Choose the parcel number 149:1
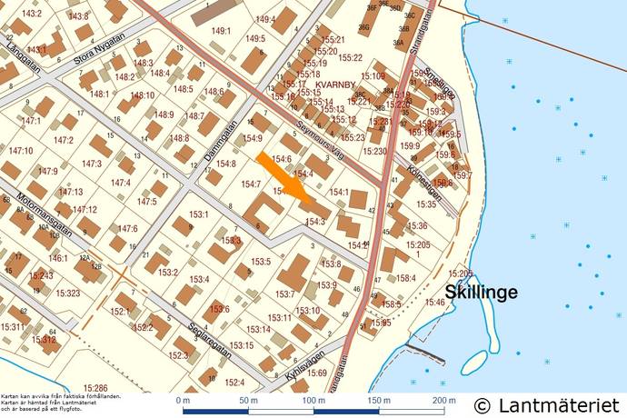(222, 31)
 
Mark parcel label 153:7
(285, 294)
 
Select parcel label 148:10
(142, 95)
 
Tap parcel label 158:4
(405, 278)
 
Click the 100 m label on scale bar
(313, 401)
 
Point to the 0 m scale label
(183, 401)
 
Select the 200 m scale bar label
(443, 401)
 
